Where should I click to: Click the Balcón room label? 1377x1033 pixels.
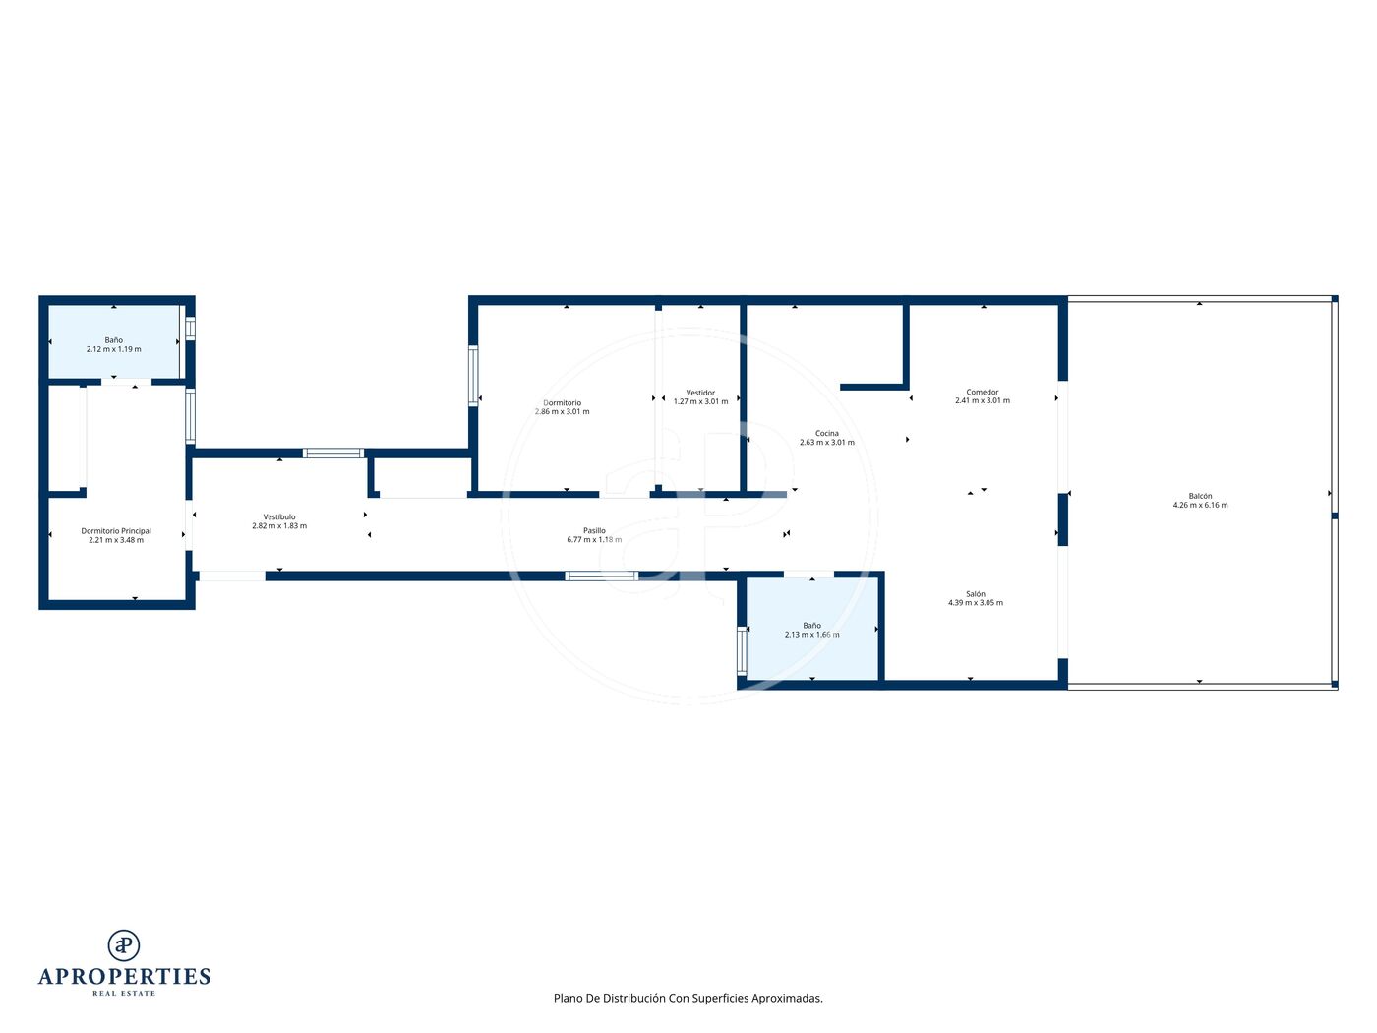(x=1200, y=496)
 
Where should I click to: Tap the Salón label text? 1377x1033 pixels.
(x=976, y=594)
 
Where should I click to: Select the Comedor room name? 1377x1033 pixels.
(x=983, y=392)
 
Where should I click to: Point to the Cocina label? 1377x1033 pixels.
(x=827, y=434)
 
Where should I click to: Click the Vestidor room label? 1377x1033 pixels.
(x=700, y=393)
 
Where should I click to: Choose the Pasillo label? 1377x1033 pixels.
(x=594, y=530)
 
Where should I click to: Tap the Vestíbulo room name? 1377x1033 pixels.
(x=279, y=516)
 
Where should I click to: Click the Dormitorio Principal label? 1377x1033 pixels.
(x=116, y=531)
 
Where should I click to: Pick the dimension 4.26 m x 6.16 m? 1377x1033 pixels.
(x=1200, y=505)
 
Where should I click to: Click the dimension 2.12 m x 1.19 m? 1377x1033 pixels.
(x=113, y=349)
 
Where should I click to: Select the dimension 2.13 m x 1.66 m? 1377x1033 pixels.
(x=811, y=635)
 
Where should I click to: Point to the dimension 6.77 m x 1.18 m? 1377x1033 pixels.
(x=594, y=539)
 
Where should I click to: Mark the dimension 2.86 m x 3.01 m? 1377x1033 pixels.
(x=562, y=412)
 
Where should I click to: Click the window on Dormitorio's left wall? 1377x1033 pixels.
(x=474, y=376)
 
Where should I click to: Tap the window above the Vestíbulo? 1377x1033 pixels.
(x=333, y=453)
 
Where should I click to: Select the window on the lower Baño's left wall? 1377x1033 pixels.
(x=742, y=651)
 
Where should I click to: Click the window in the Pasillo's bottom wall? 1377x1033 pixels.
(x=602, y=576)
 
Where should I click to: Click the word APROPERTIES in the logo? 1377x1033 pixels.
(x=124, y=976)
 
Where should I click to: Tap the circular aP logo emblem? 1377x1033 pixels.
(x=124, y=944)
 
